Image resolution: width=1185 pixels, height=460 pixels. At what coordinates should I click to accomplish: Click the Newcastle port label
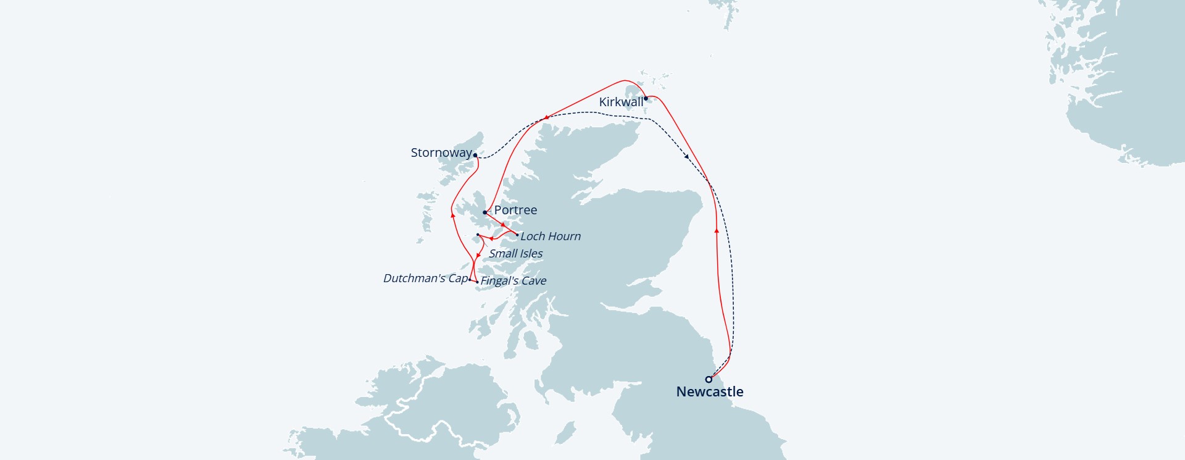[x=710, y=391]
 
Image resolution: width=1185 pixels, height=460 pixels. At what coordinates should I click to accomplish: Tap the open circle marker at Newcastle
[x=709, y=379]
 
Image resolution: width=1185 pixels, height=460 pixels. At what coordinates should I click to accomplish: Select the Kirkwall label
[x=621, y=102]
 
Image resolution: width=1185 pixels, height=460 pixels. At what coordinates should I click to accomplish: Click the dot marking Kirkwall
[x=646, y=98]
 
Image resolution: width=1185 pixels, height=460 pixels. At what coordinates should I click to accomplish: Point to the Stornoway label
[x=441, y=153]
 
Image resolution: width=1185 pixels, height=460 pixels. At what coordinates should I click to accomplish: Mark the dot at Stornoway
[x=475, y=156]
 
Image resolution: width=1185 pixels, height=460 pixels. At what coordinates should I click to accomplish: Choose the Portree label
[x=515, y=210]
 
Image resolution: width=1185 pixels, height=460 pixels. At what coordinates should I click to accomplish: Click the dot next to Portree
[x=485, y=212]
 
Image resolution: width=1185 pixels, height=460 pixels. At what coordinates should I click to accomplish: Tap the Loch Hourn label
[x=551, y=236]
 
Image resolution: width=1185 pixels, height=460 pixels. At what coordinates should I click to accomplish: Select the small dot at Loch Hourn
[x=517, y=235]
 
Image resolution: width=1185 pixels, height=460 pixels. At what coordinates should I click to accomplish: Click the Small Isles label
[x=516, y=253]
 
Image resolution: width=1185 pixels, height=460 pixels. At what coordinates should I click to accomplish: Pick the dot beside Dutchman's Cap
[x=470, y=280]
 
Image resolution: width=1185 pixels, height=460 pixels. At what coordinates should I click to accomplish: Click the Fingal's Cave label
[x=513, y=280]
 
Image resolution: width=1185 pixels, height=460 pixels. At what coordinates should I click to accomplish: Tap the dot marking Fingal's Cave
[x=477, y=282]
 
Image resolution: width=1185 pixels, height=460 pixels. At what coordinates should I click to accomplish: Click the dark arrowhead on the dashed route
[x=687, y=157]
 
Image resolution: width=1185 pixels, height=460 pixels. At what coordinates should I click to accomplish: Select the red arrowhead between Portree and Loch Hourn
[x=503, y=225]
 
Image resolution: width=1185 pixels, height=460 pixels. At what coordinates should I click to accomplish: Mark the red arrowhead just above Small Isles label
[x=491, y=238]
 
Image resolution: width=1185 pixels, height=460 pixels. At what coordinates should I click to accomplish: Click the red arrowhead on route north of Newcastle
[x=717, y=230]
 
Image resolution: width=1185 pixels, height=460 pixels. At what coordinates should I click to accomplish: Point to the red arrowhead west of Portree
[x=452, y=215]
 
